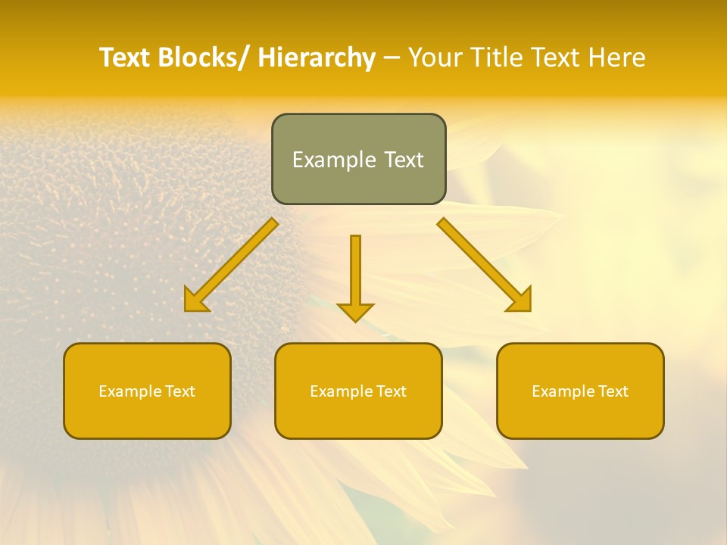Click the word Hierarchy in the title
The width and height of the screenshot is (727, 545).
coord(317,58)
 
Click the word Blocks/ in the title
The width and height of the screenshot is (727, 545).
coord(204,58)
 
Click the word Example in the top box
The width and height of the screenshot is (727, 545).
coord(333,160)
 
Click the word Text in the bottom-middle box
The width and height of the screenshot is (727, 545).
coord(388,391)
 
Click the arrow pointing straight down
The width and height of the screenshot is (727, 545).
coord(355,272)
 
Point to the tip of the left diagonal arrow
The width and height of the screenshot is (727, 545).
coord(186,310)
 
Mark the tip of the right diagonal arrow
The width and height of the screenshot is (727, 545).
coord(529,310)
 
